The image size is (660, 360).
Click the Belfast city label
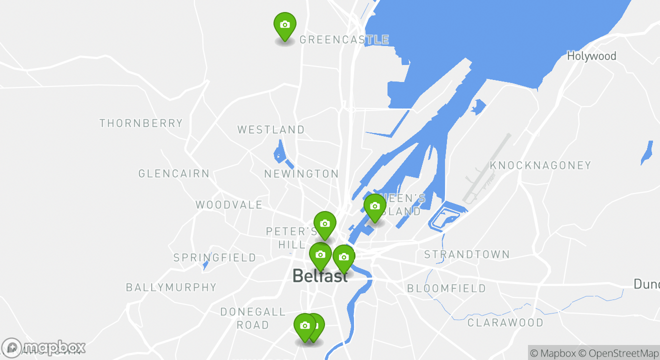[319, 275]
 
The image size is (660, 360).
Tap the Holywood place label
[591, 56]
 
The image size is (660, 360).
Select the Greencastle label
[344, 39]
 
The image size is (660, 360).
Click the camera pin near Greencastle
[285, 25]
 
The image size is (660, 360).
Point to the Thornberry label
[141, 123]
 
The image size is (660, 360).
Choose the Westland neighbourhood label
[271, 129]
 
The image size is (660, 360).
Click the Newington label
[301, 174]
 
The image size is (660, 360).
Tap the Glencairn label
[174, 174]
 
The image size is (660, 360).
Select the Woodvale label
[229, 204]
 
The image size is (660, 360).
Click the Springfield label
[214, 258]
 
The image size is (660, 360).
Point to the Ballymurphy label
[171, 287]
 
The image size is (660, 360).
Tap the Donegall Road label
[253, 318]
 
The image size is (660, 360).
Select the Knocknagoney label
[540, 165]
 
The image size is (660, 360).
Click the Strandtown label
[467, 254]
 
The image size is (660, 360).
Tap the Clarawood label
[505, 322]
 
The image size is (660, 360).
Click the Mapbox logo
[44, 347]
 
